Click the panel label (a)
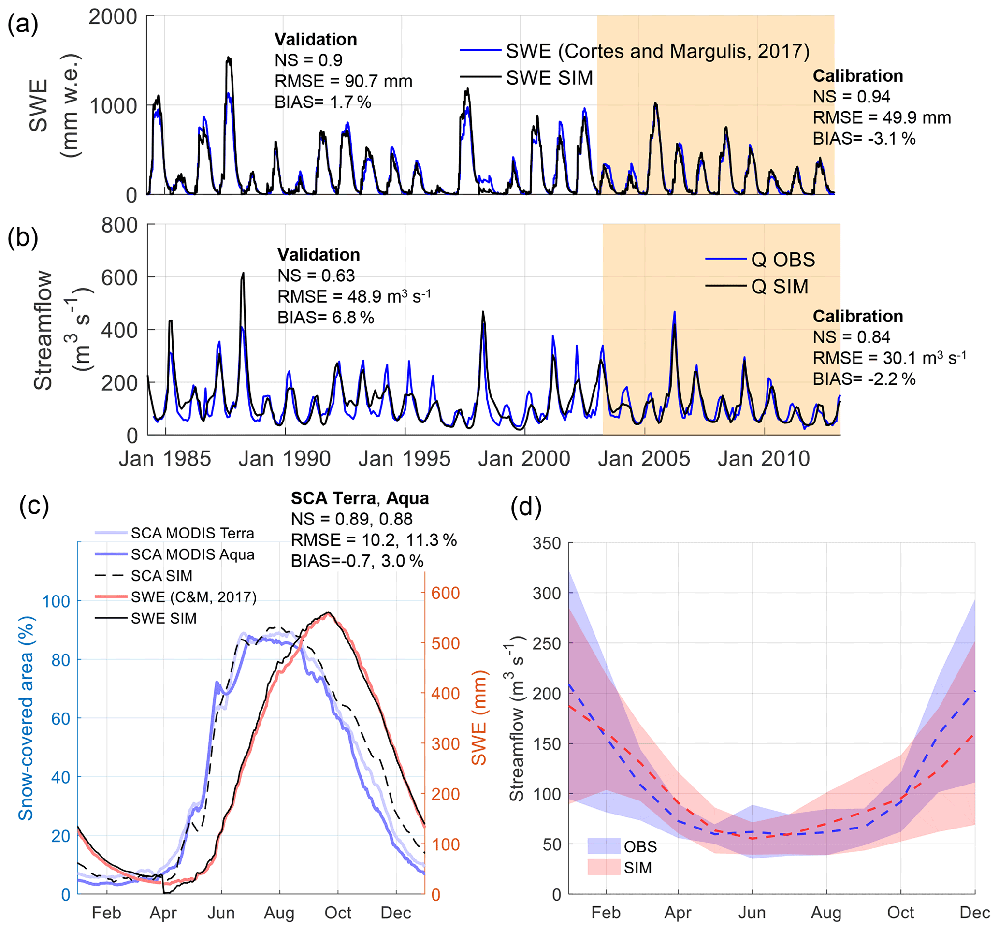point(23,24)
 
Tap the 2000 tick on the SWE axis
point(113,16)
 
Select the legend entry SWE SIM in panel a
point(549,78)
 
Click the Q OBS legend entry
point(783,260)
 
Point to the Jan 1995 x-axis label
point(405,459)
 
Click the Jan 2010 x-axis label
point(764,459)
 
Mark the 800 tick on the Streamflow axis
point(119,225)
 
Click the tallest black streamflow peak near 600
point(243,274)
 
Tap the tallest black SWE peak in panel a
point(229,59)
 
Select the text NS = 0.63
point(316,276)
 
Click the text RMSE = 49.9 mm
point(882,117)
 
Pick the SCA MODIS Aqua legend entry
point(192,554)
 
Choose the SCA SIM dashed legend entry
point(161,576)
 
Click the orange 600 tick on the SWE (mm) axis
point(445,593)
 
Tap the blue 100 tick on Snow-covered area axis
point(56,601)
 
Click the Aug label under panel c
point(279,913)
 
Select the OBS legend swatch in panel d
point(604,846)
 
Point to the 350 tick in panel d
point(547,543)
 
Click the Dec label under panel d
point(974,913)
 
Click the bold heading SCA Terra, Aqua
point(360,498)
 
